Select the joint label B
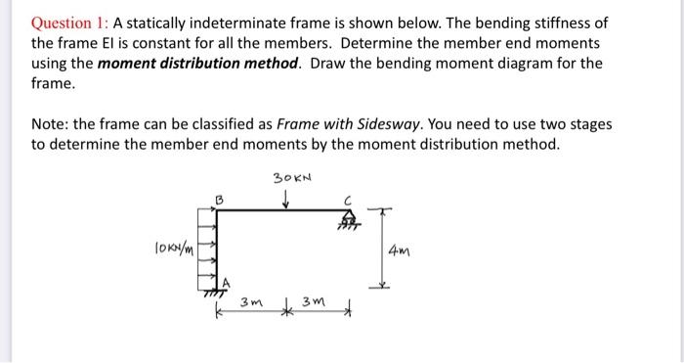[220, 200]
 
